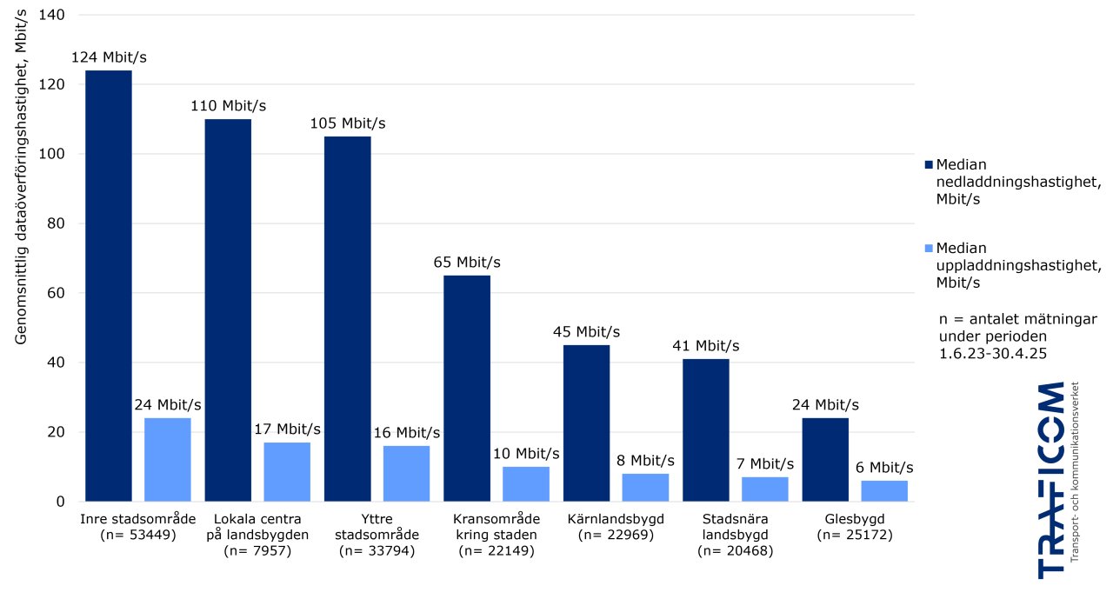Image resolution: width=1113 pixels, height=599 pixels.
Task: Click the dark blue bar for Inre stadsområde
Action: [108, 286]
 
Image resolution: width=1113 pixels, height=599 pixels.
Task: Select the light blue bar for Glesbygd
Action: [884, 491]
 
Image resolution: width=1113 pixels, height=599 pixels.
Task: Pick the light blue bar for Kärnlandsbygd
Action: [645, 488]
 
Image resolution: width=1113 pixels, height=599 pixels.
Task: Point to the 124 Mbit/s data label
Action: [109, 57]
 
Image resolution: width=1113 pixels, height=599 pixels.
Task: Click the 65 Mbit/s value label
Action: [467, 263]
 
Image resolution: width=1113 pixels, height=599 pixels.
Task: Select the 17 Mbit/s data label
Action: [287, 429]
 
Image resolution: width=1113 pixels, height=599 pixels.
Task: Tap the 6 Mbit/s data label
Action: [884, 468]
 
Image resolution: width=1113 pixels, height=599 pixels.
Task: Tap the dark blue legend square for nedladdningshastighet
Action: [928, 164]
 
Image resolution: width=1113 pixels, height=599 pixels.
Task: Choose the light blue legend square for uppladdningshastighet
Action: [928, 249]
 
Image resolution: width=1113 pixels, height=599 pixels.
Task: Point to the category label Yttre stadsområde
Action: [377, 527]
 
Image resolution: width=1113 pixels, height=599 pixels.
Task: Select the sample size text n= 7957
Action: [257, 550]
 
